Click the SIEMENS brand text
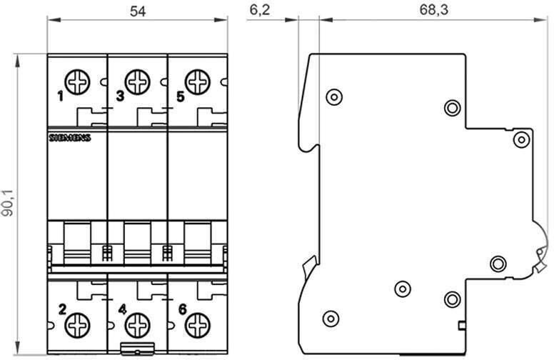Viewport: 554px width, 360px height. click(69, 137)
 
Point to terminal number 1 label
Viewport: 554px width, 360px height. click(61, 96)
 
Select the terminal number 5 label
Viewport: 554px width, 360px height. click(180, 95)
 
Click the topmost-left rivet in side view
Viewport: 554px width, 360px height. click(333, 96)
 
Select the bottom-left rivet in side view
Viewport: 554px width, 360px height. click(330, 318)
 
